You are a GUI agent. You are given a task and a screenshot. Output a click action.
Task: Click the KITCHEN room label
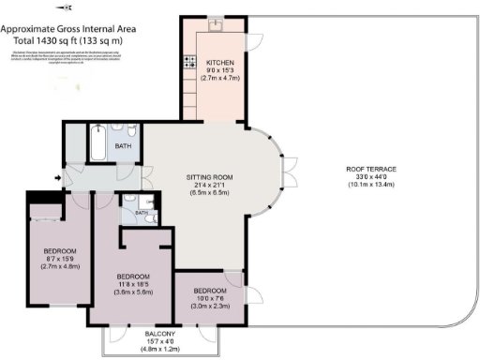[x=221, y=63]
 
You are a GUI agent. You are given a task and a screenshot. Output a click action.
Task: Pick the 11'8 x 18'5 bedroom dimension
[x=134, y=284]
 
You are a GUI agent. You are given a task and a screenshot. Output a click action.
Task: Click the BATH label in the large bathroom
[x=123, y=147]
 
